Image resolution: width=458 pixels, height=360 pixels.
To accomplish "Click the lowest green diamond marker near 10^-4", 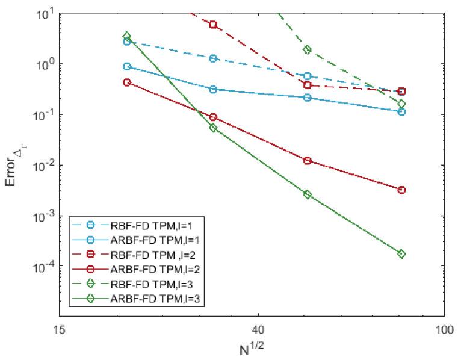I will click(x=401, y=254).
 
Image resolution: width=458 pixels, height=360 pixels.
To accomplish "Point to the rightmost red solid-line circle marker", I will click(x=401, y=190).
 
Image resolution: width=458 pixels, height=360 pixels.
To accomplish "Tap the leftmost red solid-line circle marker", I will click(x=127, y=82).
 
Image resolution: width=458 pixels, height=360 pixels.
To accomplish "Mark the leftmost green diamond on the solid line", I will click(x=127, y=36).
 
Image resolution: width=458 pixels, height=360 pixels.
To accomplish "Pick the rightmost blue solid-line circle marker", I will click(x=401, y=111).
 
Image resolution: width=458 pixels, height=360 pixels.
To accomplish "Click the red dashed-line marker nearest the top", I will click(x=213, y=25).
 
